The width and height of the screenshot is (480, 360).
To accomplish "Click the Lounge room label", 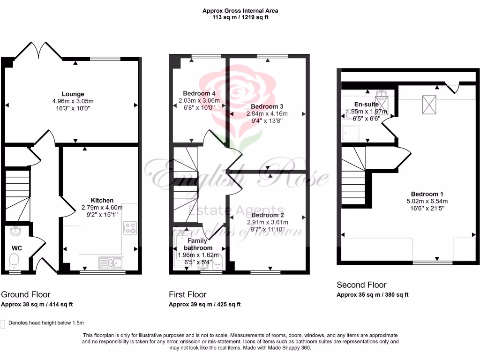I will point(73,94).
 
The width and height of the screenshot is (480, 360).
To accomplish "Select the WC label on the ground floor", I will point(17,247).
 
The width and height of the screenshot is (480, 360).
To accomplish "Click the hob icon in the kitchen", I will point(129,228).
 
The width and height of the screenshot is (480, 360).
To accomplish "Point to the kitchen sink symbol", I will point(111,262).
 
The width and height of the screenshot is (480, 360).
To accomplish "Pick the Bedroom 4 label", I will point(197,93).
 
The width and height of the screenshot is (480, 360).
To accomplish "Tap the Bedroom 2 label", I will point(267,215).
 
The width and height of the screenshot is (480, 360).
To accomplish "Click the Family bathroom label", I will point(198,244).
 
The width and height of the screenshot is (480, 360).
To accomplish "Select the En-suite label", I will point(367,104).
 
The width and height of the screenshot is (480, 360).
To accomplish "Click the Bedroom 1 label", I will point(427,194).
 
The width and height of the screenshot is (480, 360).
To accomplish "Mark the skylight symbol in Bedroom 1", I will point(429,104).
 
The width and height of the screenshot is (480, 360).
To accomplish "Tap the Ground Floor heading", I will point(25,294).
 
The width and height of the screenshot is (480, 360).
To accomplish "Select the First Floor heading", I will point(187,294).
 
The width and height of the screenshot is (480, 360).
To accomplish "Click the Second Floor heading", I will point(361,285).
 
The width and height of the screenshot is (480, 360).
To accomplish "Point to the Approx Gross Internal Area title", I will point(243,10).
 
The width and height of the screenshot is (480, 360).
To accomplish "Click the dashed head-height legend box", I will point(4,323).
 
